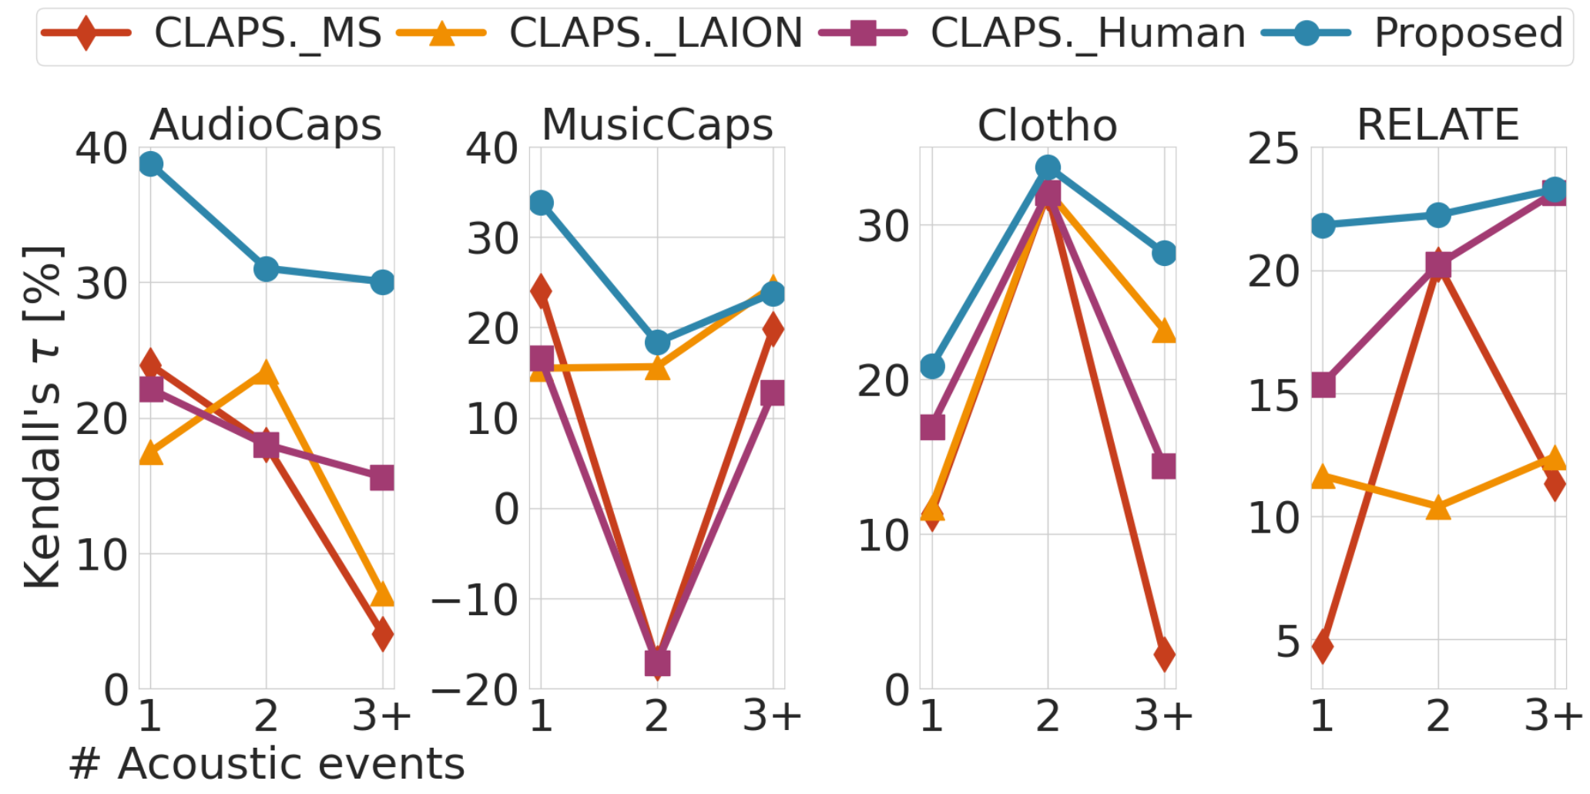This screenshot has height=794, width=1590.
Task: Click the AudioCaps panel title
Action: (x=266, y=125)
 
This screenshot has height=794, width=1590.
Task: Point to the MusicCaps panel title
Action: (x=657, y=125)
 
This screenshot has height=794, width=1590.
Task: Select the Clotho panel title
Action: (x=1047, y=126)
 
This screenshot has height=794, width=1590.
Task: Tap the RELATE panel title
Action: (x=1437, y=125)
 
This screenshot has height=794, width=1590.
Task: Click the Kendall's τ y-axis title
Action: (x=42, y=416)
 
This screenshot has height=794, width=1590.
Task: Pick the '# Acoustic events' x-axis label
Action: (x=267, y=764)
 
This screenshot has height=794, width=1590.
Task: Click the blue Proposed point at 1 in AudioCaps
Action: (x=151, y=164)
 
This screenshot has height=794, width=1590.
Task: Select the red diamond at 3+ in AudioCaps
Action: (x=383, y=634)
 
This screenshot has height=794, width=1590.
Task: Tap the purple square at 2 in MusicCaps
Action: (x=657, y=662)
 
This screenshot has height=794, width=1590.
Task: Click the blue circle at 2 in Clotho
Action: (x=1048, y=167)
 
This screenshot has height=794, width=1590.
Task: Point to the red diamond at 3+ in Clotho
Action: (x=1164, y=654)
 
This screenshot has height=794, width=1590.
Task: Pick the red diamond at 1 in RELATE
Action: (x=1323, y=646)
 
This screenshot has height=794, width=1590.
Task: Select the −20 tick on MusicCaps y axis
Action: (x=475, y=689)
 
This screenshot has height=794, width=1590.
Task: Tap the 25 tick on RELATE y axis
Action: (x=1273, y=148)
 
